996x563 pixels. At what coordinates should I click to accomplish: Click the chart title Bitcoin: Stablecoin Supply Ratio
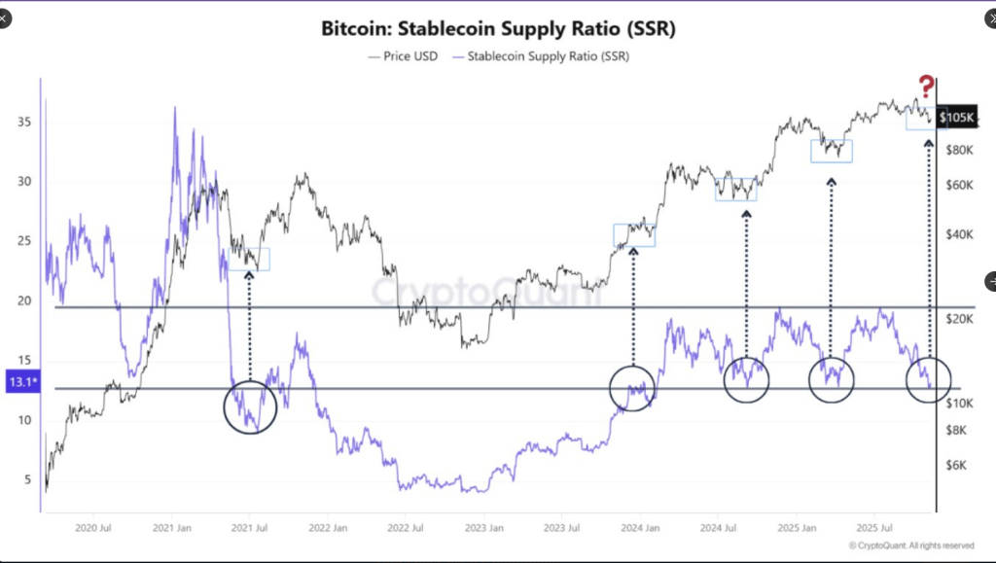(498, 28)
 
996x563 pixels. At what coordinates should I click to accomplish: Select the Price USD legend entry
(403, 56)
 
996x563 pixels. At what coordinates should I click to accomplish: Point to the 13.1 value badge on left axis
(20, 382)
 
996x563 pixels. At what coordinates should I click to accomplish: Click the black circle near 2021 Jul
(250, 406)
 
